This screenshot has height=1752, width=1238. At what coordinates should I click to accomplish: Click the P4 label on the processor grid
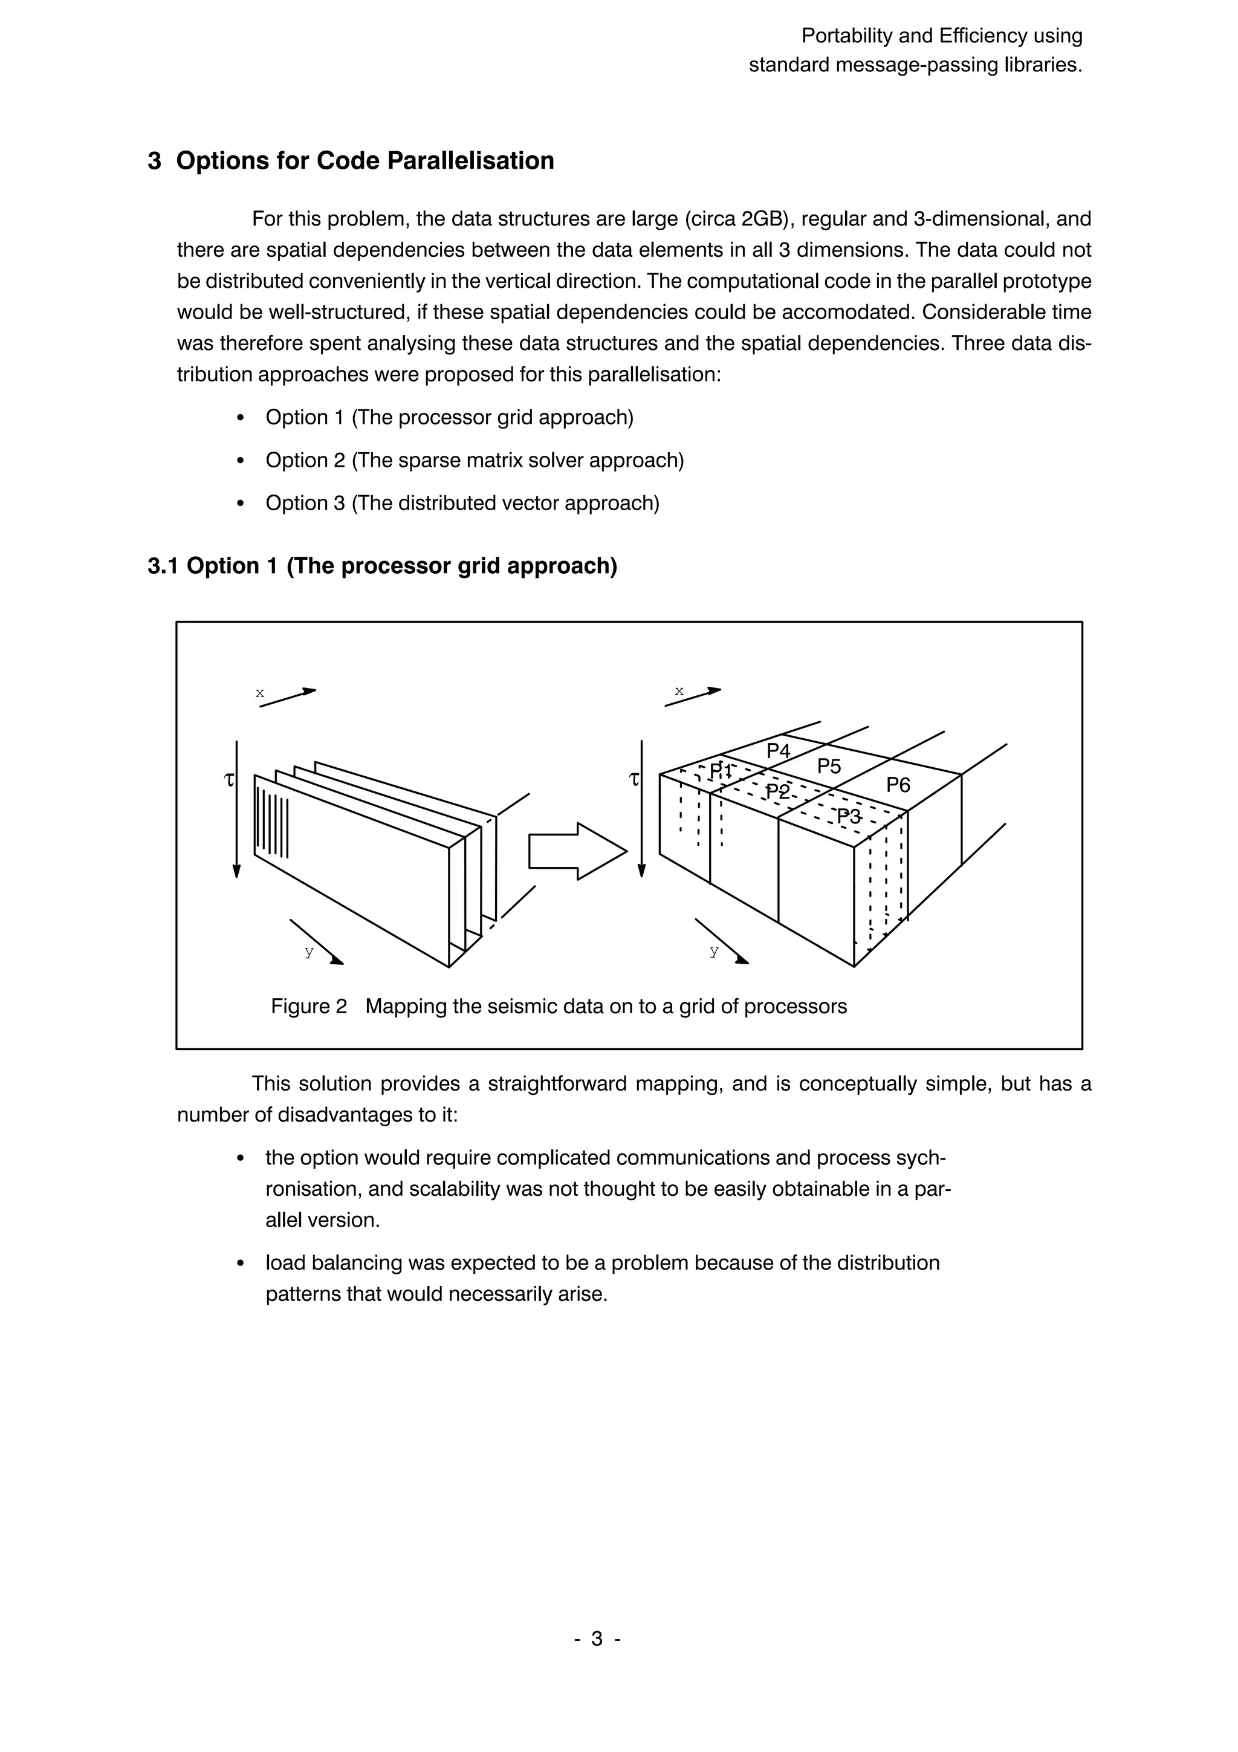[778, 751]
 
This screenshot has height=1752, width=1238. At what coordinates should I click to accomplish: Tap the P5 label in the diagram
[829, 766]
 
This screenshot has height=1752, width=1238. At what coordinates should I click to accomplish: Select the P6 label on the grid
[898, 785]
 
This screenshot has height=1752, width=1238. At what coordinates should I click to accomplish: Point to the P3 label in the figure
[849, 817]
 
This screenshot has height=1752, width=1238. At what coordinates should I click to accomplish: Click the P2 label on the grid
[778, 791]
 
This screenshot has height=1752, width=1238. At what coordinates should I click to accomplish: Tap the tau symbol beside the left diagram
[227, 780]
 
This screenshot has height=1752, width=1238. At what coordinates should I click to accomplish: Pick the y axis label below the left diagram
[308, 952]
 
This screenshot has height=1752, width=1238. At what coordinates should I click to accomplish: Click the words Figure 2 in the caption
[308, 1007]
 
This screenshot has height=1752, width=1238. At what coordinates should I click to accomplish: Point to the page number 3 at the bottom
[597, 1638]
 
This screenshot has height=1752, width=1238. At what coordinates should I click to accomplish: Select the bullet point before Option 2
[241, 461]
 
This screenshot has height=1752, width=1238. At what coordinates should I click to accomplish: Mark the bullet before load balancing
[241, 1263]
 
